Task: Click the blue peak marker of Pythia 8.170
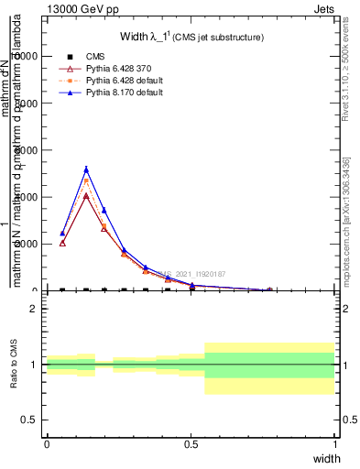pos(86,169)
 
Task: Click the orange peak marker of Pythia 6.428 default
pos(86,181)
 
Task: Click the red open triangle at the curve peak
pos(86,195)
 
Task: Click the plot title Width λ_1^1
pos(191,37)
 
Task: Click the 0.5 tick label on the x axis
pos(191,443)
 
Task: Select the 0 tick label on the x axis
pos(47,443)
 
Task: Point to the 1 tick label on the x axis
pos(335,443)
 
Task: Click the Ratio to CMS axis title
pos(14,364)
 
